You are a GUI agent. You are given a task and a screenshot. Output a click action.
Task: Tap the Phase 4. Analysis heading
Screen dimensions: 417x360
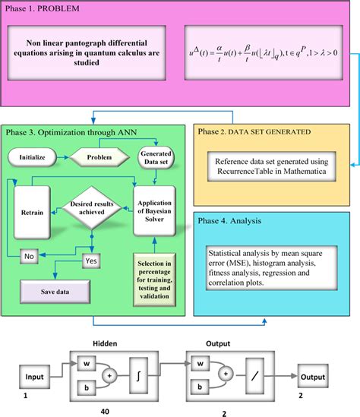coord(237,221)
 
